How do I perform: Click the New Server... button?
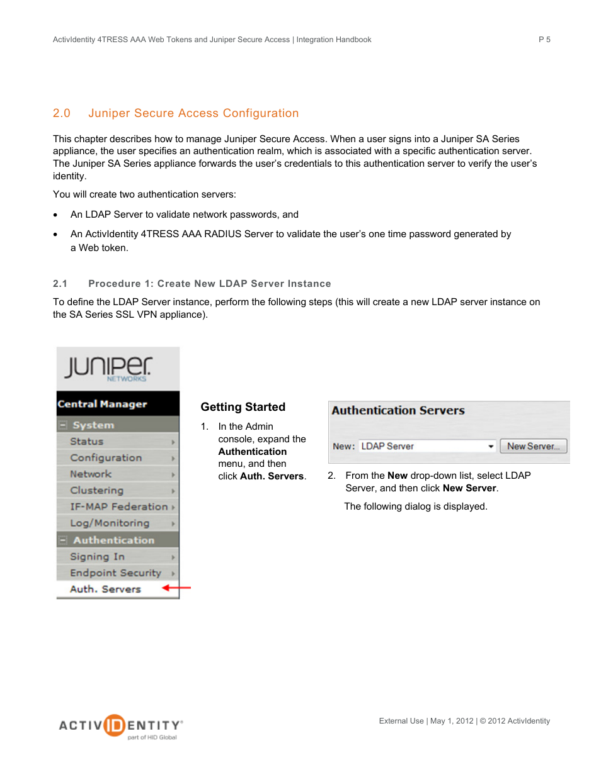533,446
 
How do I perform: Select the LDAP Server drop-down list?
427,446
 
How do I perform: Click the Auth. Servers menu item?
105,590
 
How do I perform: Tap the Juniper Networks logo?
108,369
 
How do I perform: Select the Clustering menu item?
97,491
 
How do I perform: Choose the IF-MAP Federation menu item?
118,507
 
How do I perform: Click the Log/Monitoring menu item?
110,523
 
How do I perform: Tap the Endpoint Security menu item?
115,573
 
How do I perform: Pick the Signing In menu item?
97,557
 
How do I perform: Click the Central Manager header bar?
118,404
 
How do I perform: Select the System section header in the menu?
93,425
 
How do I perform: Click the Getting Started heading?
243,407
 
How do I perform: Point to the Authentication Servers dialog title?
398,411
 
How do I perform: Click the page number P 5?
544,40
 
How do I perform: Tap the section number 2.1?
60,284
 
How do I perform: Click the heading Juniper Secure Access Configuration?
193,113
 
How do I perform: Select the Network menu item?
91,474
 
